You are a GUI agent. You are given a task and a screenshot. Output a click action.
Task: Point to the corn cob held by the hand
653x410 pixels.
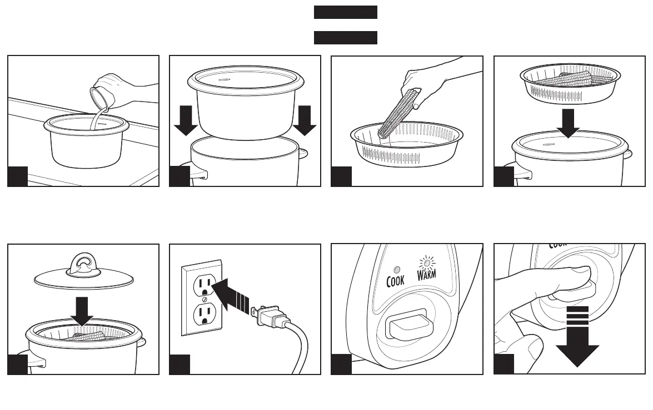397,113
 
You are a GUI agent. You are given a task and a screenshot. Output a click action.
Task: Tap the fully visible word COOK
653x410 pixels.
395,281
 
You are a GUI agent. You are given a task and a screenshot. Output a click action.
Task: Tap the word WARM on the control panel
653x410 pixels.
427,273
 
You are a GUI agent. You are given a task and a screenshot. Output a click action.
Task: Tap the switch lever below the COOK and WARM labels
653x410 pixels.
407,327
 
